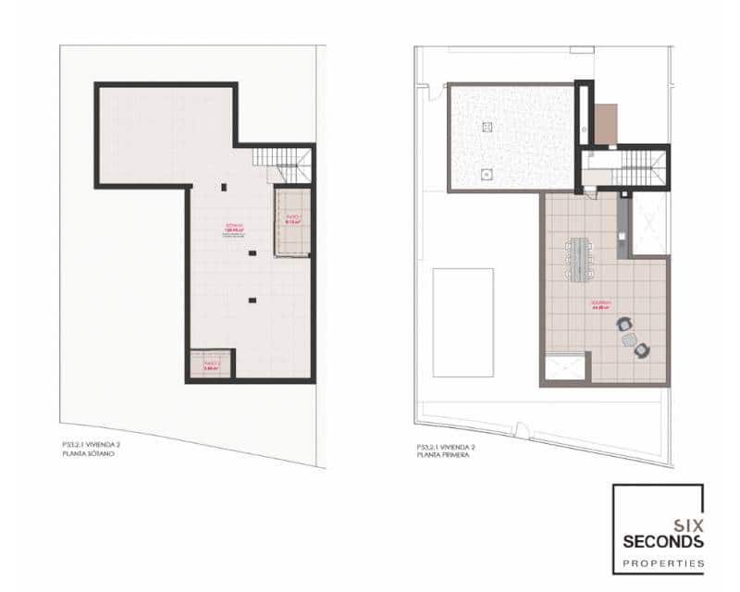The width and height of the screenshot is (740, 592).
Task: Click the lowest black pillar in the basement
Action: click(x=252, y=300)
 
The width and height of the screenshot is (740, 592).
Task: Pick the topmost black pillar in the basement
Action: click(x=223, y=188)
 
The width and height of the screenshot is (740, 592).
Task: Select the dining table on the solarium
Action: click(x=580, y=259)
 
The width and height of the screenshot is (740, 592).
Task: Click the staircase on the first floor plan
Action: click(x=633, y=168)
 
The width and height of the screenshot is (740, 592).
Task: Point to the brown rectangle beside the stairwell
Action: click(x=605, y=125)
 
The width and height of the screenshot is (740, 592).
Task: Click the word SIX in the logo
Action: click(x=689, y=524)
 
